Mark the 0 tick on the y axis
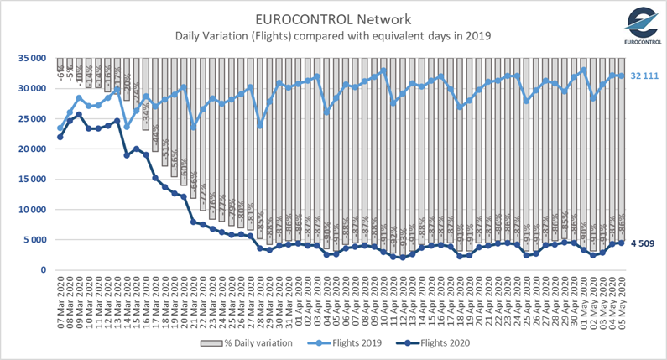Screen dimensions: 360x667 [x=41, y=269]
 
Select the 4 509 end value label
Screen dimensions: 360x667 [x=643, y=243]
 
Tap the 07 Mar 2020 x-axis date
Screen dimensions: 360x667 [x=60, y=300]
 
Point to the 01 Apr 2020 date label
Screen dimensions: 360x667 [x=298, y=300]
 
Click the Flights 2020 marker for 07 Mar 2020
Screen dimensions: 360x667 [x=60, y=137]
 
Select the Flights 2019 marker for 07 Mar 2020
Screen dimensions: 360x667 [x=60, y=128]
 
